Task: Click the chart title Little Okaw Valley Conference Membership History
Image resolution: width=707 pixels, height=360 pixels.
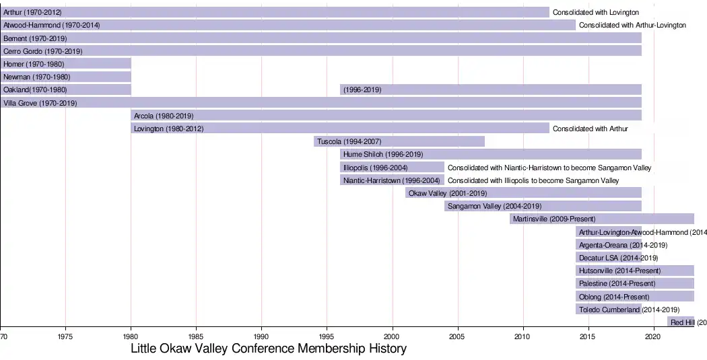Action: pos(269,349)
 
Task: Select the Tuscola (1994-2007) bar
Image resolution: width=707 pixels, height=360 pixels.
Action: pos(399,141)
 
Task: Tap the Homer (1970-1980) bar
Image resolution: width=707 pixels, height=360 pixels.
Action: pos(65,64)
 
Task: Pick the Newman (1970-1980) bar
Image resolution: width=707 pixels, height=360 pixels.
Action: pos(65,77)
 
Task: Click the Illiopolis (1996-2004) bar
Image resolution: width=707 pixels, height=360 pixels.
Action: pos(392,168)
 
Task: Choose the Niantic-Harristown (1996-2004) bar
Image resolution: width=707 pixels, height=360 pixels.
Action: pos(392,180)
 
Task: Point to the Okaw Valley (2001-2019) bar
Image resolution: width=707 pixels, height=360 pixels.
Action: pos(523,193)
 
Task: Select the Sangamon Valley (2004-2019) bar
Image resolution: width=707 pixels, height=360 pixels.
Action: pos(543,206)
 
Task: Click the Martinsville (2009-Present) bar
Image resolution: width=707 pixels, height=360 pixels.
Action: pos(601,219)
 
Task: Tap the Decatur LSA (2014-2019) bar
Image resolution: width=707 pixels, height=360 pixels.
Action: pos(608,258)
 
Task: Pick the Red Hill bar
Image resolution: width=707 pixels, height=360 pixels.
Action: pos(681,322)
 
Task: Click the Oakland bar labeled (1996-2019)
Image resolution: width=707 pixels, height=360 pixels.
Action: pos(491,89)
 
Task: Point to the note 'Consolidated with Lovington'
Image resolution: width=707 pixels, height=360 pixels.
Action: pos(596,12)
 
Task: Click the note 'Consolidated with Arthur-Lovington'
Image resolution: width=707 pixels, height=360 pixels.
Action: pos(632,25)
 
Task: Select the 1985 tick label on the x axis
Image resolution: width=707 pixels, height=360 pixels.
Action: pos(196,335)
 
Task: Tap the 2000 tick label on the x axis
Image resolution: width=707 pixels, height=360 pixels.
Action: pos(393,335)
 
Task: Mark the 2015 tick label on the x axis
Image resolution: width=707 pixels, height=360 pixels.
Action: pos(588,335)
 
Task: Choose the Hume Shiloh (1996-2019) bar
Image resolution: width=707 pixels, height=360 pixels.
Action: pos(491,154)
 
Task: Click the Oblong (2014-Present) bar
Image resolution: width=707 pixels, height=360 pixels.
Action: pos(634,297)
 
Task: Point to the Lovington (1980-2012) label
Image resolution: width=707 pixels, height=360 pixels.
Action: pos(169,129)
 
